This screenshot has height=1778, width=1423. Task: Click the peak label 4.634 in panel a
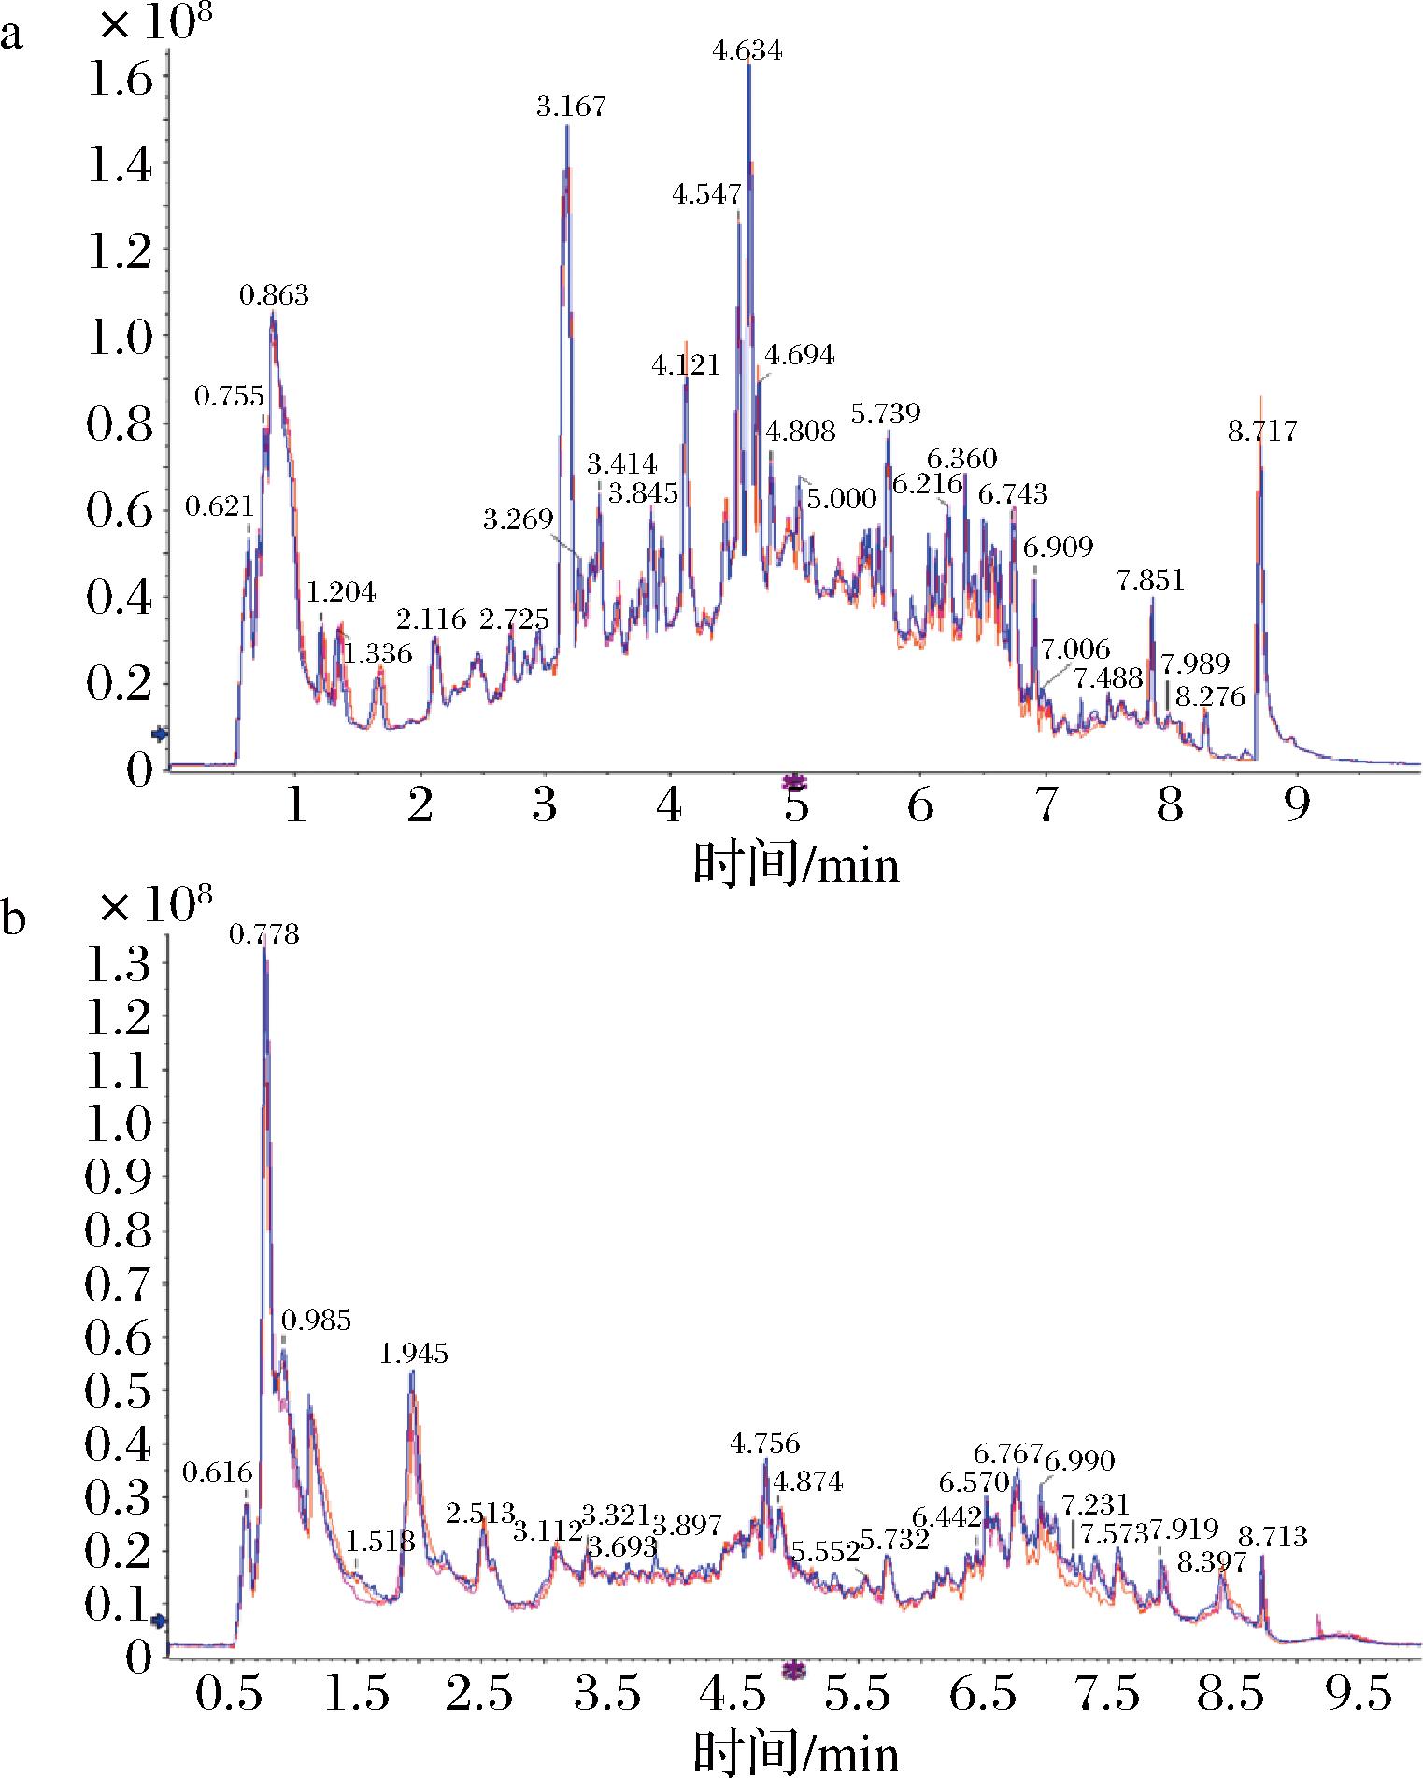747,50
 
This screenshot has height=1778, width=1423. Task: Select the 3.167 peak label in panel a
571,107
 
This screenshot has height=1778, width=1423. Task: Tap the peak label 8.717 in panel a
1262,432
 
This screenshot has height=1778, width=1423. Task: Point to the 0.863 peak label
274,296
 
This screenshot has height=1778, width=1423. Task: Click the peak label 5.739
886,413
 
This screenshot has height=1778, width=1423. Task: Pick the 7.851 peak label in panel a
1151,581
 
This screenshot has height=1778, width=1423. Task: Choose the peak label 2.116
431,619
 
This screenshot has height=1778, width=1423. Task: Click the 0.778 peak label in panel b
265,934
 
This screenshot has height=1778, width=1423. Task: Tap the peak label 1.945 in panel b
413,1354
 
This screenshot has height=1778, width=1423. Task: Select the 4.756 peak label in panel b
765,1444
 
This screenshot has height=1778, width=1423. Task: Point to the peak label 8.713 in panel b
1273,1537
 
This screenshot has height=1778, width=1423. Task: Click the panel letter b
13,919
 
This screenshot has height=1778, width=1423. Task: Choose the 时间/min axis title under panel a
796,865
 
